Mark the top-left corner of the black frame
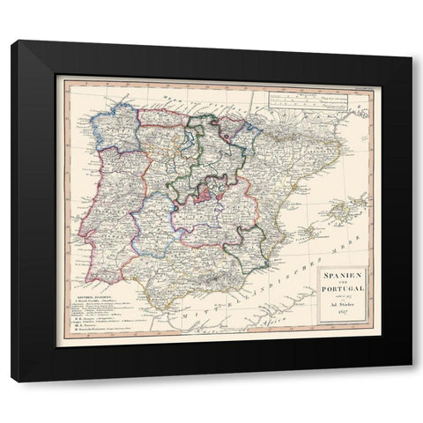coord(11,41)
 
